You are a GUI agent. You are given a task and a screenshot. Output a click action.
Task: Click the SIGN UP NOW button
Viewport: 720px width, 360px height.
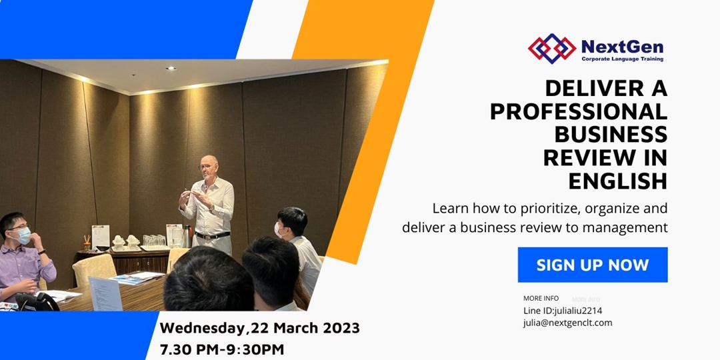coord(593,265)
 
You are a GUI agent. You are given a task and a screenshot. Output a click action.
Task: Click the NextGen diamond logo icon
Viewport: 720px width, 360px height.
coord(551,48)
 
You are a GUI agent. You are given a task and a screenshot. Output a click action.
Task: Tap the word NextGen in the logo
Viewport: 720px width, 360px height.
coord(622,46)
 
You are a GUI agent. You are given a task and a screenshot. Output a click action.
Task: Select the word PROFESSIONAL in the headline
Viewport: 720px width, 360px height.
coord(579,112)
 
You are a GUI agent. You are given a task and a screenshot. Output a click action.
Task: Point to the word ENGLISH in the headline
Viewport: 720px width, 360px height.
coord(617,181)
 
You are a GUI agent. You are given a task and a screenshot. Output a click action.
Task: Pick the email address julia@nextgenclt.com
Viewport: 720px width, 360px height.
coord(567,323)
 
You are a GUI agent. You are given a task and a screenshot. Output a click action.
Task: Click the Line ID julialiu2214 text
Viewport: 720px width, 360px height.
coord(563,311)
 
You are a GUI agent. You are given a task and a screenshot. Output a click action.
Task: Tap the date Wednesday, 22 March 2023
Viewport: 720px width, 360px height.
coord(259,328)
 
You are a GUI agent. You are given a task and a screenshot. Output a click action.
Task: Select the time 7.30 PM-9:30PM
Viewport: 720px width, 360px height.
coord(221,349)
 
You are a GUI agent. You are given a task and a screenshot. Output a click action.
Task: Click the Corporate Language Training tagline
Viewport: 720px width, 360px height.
coord(622,59)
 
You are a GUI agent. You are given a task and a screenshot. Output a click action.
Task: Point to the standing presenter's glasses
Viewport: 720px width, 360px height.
coord(207,167)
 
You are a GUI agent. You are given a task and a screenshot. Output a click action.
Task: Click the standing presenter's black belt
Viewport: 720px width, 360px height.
coord(212,235)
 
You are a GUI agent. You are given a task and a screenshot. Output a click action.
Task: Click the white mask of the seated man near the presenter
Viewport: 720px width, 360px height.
coord(278,229)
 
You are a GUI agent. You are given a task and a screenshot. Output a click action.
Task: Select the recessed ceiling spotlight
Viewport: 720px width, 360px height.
coord(171,68)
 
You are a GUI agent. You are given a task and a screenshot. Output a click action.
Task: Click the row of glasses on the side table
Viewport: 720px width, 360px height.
coord(154,241)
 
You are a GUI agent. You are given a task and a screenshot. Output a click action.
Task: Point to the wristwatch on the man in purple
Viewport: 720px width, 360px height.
coord(42,251)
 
